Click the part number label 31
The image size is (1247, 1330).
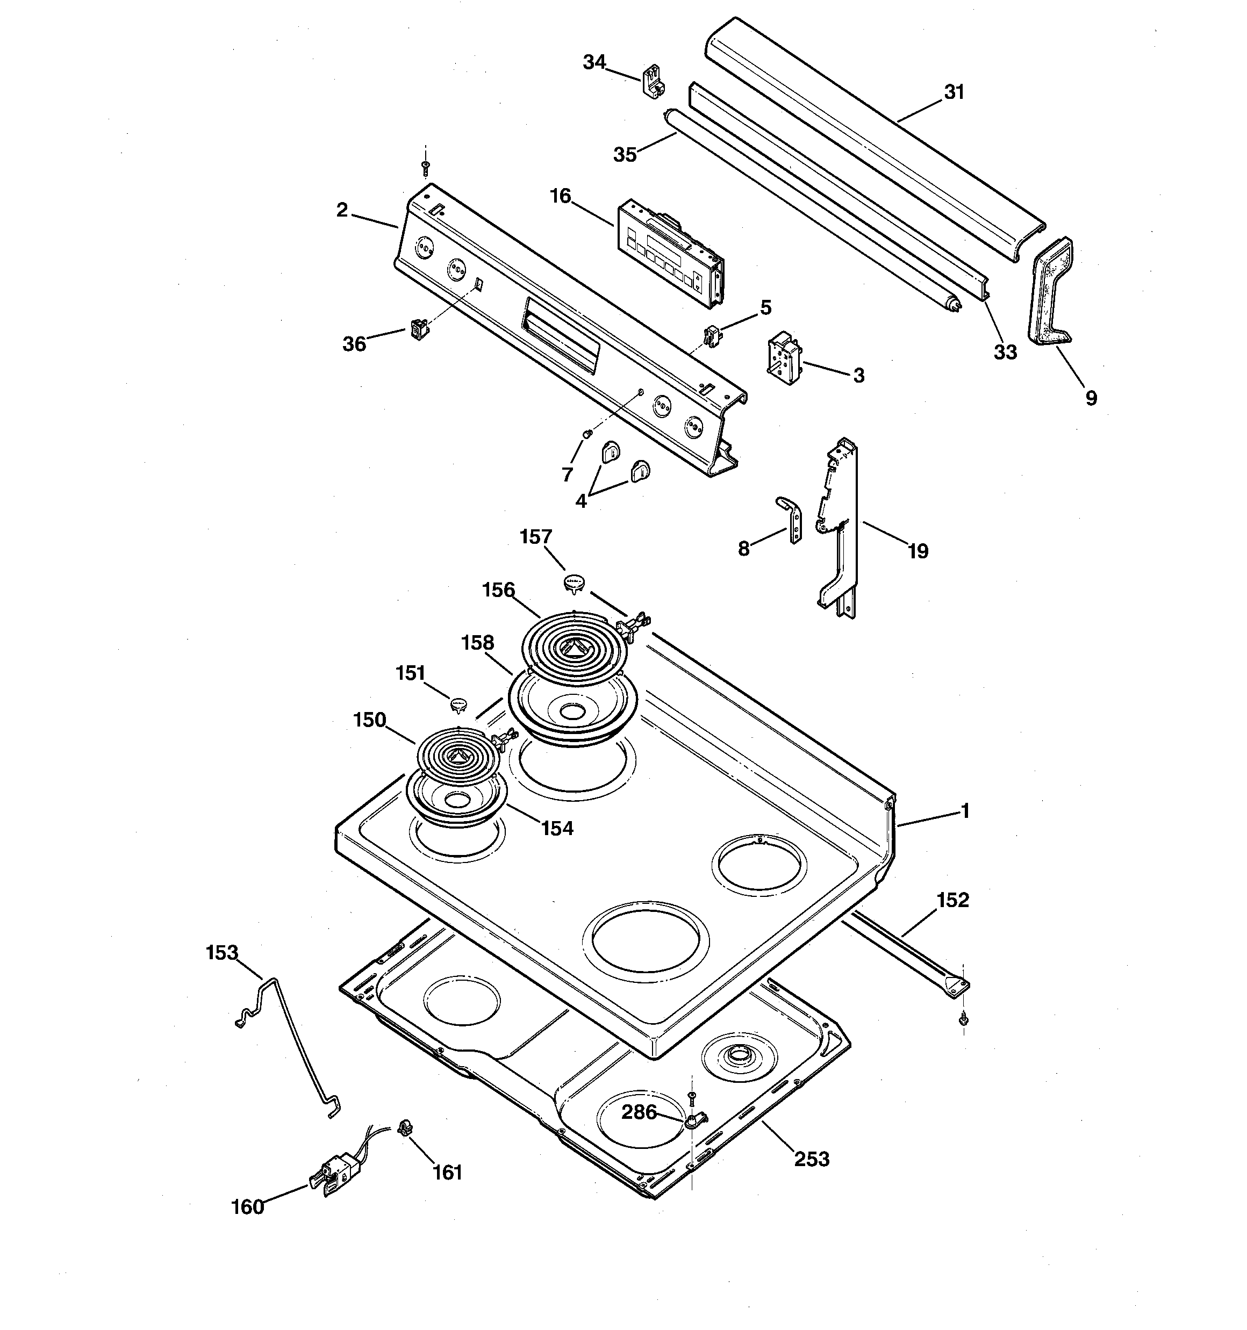(x=954, y=92)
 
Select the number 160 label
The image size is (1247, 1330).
(x=248, y=1207)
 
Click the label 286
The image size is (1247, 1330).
(x=639, y=1111)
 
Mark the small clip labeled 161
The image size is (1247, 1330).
(x=404, y=1128)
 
